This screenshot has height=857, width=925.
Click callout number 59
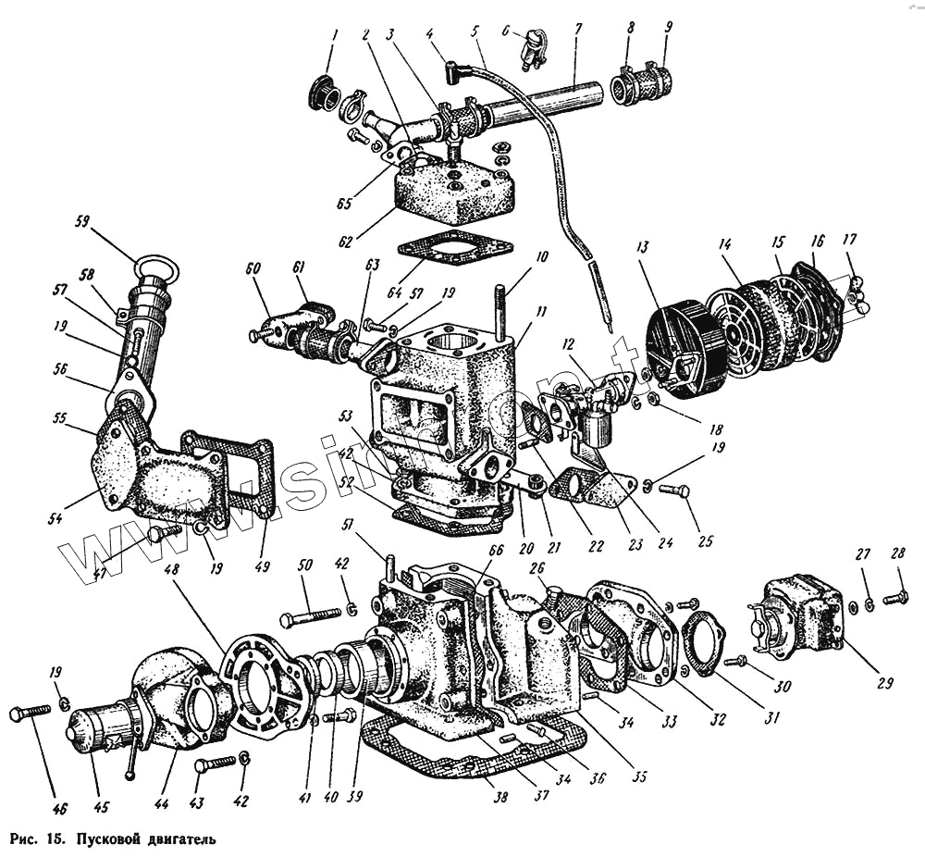click(83, 222)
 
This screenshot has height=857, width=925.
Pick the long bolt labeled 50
click(311, 615)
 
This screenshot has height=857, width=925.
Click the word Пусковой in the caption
click(86, 839)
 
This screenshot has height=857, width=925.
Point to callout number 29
click(884, 684)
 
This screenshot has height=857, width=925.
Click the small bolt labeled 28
click(894, 599)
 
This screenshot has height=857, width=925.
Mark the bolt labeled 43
click(215, 763)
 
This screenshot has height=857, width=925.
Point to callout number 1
click(335, 37)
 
